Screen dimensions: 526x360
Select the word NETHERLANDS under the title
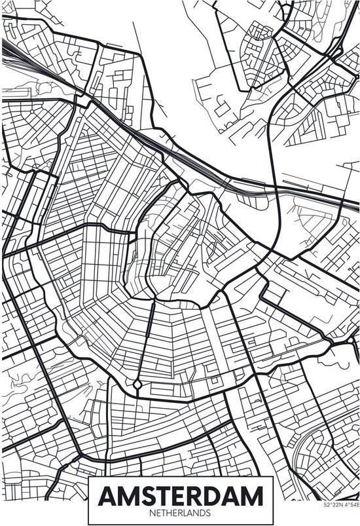pos(179,509)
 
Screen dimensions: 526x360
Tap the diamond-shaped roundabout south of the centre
pos(137,383)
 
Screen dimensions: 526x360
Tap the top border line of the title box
pos(179,478)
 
